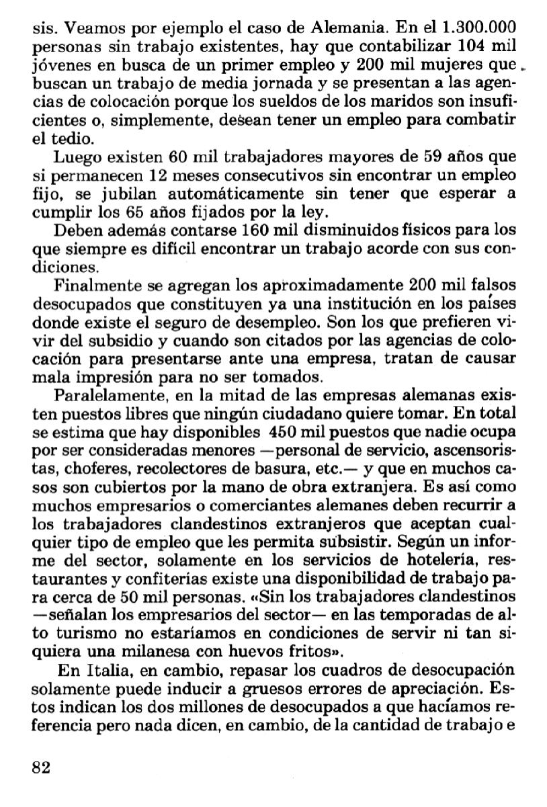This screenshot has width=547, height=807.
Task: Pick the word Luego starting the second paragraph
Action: tap(75, 159)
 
